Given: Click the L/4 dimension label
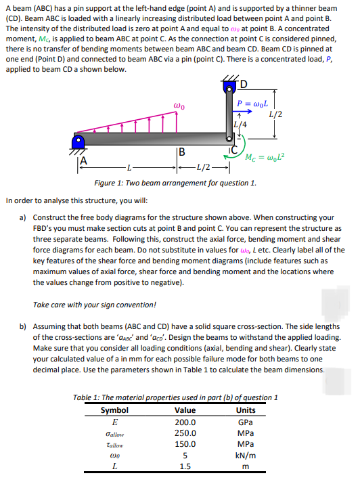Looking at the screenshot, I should tap(240, 124).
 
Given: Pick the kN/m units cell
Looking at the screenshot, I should tap(246, 456).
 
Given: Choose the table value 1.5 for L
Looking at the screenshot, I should tap(185, 467).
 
